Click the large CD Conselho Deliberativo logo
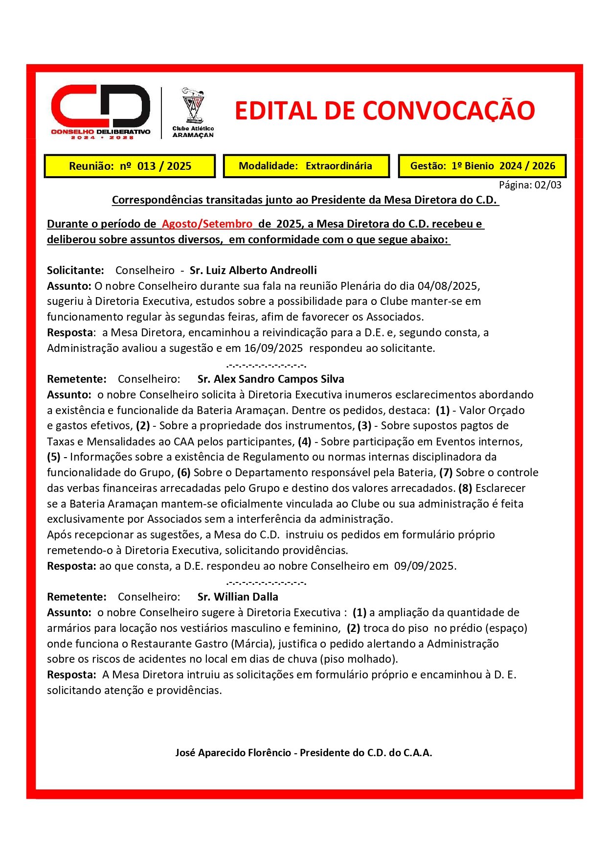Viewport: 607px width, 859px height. tap(101, 112)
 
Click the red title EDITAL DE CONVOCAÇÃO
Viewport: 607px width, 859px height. tap(384, 111)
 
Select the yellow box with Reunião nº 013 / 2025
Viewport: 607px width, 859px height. tap(130, 166)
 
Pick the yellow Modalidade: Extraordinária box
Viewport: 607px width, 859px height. tap(306, 166)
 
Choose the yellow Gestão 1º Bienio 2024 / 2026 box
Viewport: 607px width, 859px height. tap(482, 166)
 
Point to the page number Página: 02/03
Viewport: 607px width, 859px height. tap(530, 185)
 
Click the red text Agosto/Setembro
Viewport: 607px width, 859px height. tap(207, 224)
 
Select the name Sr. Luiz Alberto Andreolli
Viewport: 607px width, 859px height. tap(253, 270)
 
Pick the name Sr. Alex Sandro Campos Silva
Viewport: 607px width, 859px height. tap(270, 379)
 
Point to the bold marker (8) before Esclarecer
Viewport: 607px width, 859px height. tap(465, 488)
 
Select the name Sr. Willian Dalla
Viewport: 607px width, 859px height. tap(238, 597)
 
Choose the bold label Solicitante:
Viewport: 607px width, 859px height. tap(75, 270)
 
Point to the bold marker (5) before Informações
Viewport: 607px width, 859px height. tap(54, 457)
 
